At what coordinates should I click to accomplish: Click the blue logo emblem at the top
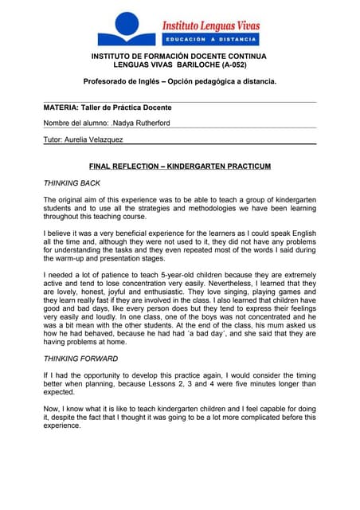(127, 29)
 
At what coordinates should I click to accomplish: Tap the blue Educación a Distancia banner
(211, 39)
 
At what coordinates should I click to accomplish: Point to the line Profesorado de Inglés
(180, 81)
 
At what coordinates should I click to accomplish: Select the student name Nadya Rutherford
(143, 124)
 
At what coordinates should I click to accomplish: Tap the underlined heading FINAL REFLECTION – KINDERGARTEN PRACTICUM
(180, 167)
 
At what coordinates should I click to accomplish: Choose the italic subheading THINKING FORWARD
(80, 359)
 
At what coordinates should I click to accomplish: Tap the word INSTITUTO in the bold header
(115, 57)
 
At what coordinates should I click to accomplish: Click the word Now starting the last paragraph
(52, 410)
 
